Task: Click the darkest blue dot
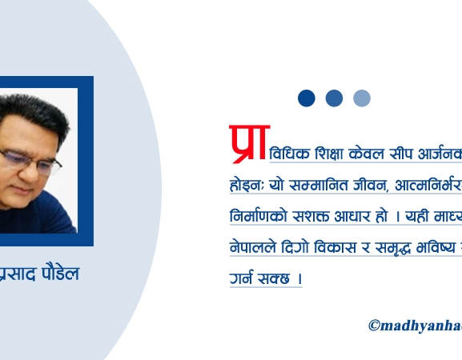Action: [307, 98]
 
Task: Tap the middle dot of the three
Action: [335, 98]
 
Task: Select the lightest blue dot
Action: [362, 98]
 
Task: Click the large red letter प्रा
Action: [249, 142]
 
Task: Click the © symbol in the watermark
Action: [374, 325]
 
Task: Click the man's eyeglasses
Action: [32, 161]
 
